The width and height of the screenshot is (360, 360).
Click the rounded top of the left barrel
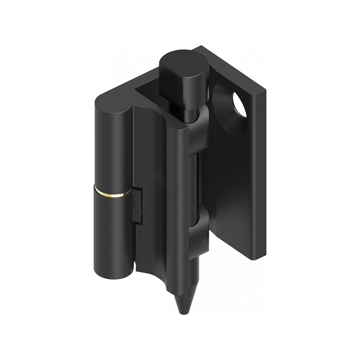pos(112,101)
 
